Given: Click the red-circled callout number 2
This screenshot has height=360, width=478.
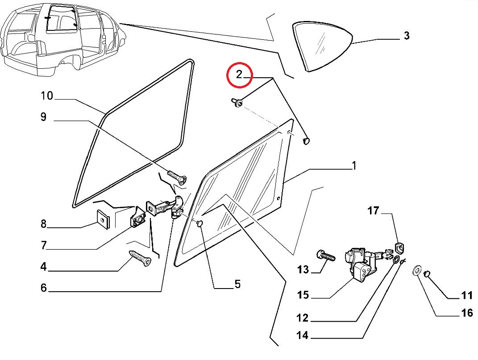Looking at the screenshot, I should coord(239,75).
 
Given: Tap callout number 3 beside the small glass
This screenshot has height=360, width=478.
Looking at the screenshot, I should coord(406,36).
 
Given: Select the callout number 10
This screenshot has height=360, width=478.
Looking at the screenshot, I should coord(46,96).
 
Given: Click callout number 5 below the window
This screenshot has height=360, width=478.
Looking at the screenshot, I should coord(237,284).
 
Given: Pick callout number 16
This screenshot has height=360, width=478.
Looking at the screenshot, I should coord(466,313).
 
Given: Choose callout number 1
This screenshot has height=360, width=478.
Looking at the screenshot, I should coord(353,166).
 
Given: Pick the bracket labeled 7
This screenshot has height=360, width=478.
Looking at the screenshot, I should coord(138,218).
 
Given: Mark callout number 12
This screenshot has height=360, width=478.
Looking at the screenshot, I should coord(302,318).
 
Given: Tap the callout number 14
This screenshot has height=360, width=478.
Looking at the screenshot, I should coord(302,335).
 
